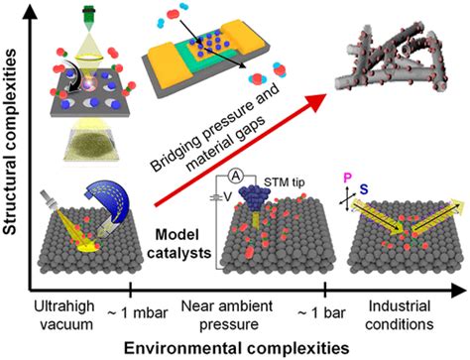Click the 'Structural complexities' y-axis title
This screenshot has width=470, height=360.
pos(12,149)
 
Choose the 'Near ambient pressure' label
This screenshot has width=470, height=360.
pos(236,311)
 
